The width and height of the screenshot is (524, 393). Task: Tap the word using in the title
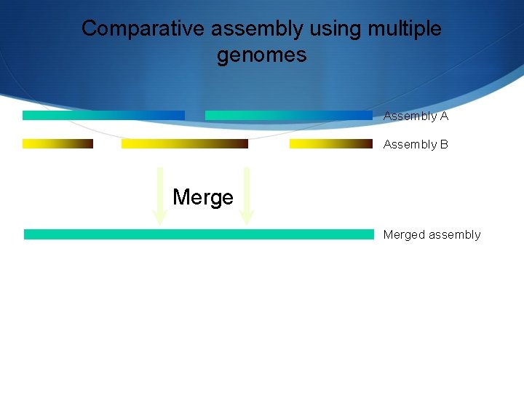click(x=336, y=29)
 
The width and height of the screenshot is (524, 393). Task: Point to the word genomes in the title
click(x=261, y=55)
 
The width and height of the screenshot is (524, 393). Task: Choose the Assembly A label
click(x=416, y=116)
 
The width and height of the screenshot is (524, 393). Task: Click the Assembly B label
click(x=416, y=145)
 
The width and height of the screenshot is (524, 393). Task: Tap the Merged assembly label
click(x=432, y=235)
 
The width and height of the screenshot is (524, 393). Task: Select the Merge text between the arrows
click(x=203, y=197)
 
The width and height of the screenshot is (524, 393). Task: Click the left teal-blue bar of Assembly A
click(x=103, y=115)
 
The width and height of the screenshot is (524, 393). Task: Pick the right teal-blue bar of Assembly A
click(x=289, y=115)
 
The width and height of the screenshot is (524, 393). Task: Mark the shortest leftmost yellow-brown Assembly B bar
click(x=57, y=143)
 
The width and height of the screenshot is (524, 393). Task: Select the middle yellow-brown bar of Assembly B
click(x=184, y=143)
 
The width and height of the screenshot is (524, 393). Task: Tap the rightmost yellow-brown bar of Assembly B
click(x=330, y=143)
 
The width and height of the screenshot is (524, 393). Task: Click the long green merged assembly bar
click(x=198, y=234)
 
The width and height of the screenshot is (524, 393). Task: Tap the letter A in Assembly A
click(x=444, y=116)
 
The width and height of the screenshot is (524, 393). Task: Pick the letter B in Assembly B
click(x=444, y=145)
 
